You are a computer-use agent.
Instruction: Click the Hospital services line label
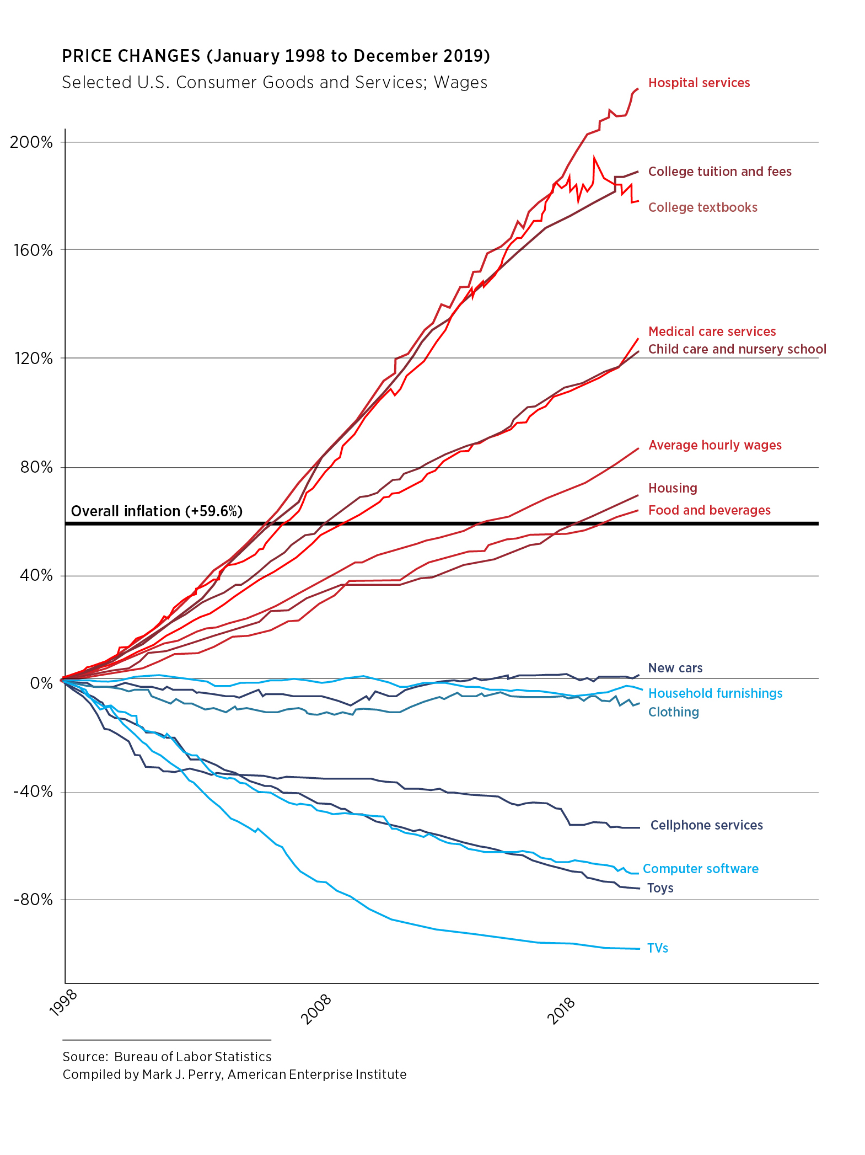click(x=699, y=83)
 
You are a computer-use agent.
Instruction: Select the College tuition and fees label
click(x=719, y=172)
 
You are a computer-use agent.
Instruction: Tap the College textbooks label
click(x=702, y=207)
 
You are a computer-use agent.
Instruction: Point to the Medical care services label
click(x=712, y=331)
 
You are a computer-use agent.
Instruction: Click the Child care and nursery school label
click(x=737, y=349)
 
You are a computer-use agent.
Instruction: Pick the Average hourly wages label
click(x=714, y=445)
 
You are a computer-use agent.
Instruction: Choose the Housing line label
click(x=673, y=488)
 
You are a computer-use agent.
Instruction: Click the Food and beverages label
click(x=709, y=510)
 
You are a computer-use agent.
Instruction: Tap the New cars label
click(x=675, y=668)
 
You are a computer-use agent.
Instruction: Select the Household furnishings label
click(x=715, y=693)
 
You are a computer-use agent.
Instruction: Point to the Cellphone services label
click(x=706, y=825)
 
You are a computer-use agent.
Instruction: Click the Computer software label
click(x=700, y=869)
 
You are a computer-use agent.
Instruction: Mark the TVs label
click(x=657, y=948)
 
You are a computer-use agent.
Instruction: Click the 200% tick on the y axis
click(x=31, y=142)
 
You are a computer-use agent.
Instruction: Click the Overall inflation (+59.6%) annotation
click(x=157, y=511)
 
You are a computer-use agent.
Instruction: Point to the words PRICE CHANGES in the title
click(x=131, y=56)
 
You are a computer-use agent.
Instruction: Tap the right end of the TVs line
click(x=638, y=949)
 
